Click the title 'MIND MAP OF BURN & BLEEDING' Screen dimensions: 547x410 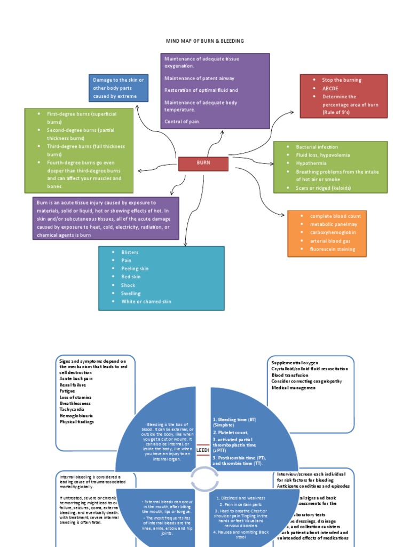205,41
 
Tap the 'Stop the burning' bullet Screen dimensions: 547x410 342,80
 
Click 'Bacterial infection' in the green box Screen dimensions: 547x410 317,147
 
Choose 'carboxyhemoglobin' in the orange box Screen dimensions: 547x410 333,232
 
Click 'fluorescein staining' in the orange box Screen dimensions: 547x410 332,249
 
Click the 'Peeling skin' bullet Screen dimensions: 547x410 135,269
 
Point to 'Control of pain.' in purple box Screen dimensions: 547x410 183,122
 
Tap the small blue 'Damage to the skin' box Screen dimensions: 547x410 119,88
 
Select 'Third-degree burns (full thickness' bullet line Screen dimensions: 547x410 85,146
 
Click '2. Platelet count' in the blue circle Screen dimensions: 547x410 231,432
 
